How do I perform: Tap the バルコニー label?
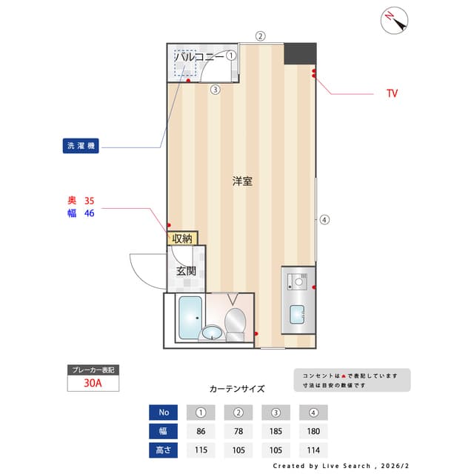tap(199, 56)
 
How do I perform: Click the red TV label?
tap(392, 94)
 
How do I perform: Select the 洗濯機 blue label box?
tap(81, 146)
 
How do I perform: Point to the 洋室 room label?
tap(241, 181)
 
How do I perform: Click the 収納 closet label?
tap(182, 238)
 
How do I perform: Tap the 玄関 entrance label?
tap(186, 271)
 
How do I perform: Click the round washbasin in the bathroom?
tap(212, 332)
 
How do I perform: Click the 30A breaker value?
tap(93, 384)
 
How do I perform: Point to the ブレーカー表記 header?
tap(93, 370)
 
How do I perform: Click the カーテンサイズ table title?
tap(236, 388)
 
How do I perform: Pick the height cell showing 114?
tap(313, 450)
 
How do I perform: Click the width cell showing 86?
tap(201, 431)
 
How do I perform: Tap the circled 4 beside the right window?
tap(324, 219)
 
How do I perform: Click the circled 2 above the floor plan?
tap(260, 36)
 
